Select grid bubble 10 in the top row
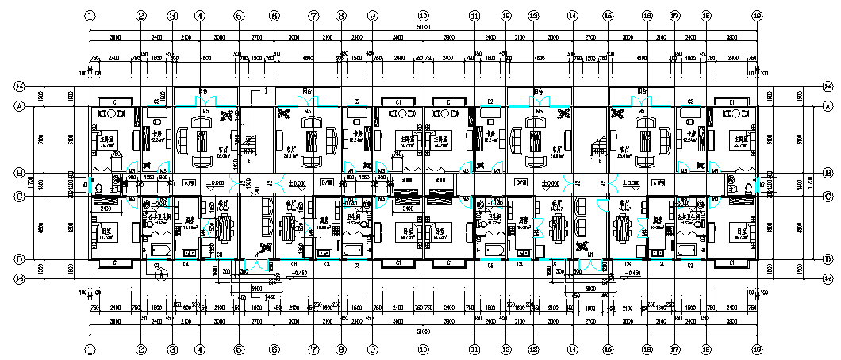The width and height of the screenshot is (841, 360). [x=423, y=15]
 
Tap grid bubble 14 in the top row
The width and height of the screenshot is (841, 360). [x=572, y=15]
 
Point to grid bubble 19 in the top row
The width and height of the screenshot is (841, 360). [x=757, y=15]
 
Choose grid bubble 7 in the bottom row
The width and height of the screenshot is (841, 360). [x=313, y=348]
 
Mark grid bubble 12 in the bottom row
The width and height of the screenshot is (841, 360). [x=505, y=348]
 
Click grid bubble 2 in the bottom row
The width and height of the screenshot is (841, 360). [x=141, y=348]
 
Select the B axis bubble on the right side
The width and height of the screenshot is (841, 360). [x=828, y=172]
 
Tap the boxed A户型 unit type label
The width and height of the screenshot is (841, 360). [x=189, y=182]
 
